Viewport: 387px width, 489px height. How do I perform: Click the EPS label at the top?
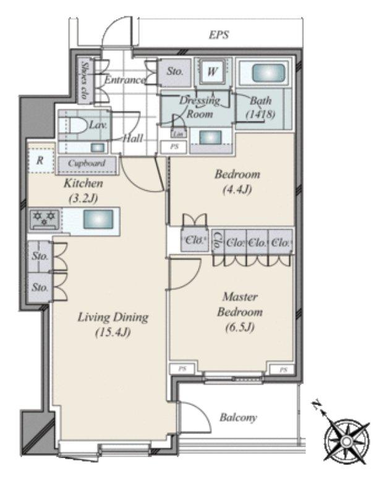pos(218,35)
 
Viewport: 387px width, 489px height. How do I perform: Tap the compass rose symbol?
pos(347,440)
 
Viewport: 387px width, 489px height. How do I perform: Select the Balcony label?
pos(238,418)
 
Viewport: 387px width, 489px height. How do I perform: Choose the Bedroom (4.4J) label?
pos(237,182)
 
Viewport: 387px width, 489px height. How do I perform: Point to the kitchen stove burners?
pos(44,217)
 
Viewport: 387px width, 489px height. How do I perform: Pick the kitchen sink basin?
pos(98,219)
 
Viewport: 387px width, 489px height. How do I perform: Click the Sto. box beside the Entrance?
pos(176,71)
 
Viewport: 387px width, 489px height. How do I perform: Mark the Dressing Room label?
pos(199,107)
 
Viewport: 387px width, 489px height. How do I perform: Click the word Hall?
pos(134,139)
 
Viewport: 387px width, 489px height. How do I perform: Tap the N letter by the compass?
pos(317,406)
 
